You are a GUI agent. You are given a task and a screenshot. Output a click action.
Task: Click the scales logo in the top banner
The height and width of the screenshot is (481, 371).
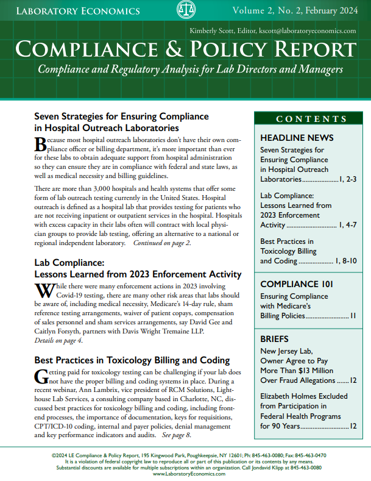pos(185,10)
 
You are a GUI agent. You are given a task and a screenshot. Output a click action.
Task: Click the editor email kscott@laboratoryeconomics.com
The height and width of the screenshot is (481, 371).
pos(308,30)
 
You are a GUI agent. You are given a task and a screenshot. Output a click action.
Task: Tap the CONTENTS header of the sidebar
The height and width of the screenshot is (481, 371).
pos(311,119)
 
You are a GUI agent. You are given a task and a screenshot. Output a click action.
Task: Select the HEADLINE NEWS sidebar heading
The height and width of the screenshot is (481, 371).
pos(297,138)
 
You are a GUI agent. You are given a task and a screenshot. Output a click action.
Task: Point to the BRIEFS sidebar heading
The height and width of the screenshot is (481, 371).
pos(274,338)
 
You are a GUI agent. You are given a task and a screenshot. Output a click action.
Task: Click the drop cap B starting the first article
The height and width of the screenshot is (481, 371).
pos(41,144)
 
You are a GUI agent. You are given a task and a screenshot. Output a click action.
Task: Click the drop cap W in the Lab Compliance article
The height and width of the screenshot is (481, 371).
pos(44,291)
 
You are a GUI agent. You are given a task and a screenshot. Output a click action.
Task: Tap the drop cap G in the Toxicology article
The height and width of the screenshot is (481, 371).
pos(41,376)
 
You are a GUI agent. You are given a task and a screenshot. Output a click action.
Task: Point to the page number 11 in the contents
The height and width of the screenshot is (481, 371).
pos(352,316)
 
